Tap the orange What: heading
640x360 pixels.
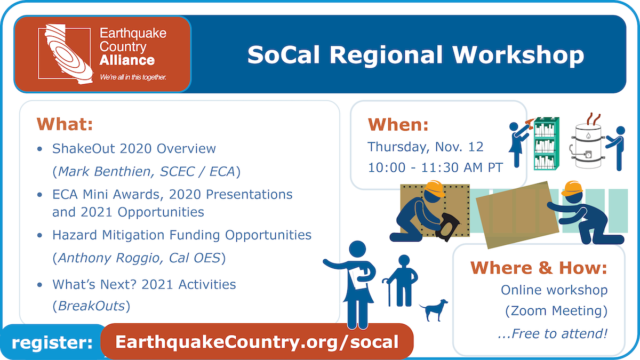[x=65, y=124]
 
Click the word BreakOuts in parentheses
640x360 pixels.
[x=91, y=306]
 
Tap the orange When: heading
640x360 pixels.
[x=398, y=125]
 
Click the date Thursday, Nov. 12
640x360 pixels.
[x=426, y=147]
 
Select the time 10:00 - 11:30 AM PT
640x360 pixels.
[x=435, y=167]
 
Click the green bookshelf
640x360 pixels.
[x=546, y=143]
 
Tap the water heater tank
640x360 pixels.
[x=588, y=146]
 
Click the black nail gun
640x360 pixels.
[x=447, y=227]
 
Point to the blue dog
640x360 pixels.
[x=434, y=310]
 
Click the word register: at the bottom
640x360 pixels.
[x=52, y=342]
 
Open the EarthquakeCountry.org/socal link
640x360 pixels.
[x=257, y=342]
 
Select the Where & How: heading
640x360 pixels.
[x=539, y=268]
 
